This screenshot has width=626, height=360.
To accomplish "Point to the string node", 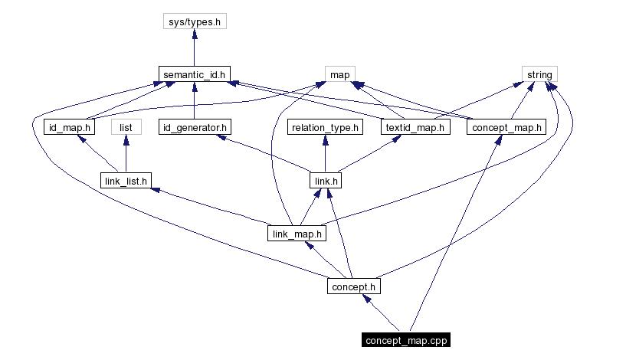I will tap(539, 74).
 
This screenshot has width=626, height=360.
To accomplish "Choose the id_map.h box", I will tap(67, 127).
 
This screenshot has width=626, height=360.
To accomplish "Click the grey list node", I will tap(126, 127).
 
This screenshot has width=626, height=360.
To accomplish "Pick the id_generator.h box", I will tap(195, 127).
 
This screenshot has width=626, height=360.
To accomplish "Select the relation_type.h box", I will tap(325, 127).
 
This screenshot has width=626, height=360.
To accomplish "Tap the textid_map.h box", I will tap(413, 127).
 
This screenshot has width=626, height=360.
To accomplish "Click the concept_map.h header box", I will tap(506, 127).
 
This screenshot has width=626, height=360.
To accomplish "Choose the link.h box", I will tap(325, 181).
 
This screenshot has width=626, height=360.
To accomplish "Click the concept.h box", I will tap(352, 286).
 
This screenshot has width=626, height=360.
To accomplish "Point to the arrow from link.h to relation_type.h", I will tap(325, 154).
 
